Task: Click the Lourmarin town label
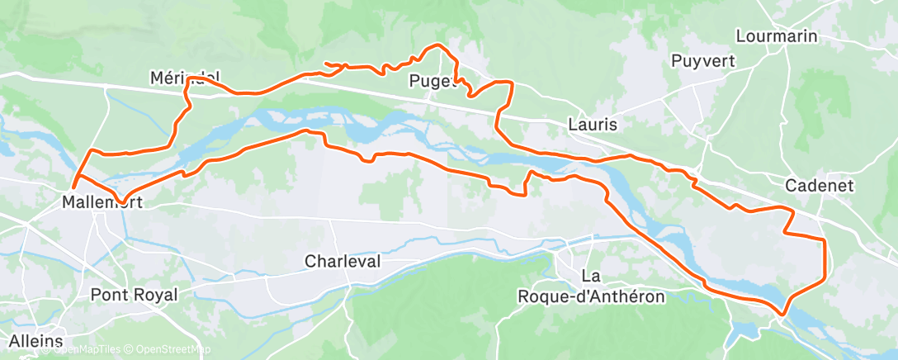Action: click(775, 36)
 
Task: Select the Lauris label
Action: click(593, 124)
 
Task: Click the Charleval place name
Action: click(343, 261)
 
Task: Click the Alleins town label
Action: click(35, 341)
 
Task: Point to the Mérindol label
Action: click(185, 78)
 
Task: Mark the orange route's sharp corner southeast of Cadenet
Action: click(824, 239)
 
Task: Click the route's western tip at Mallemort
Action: click(73, 188)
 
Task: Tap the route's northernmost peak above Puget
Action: click(436, 45)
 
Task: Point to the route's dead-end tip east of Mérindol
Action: click(326, 64)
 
